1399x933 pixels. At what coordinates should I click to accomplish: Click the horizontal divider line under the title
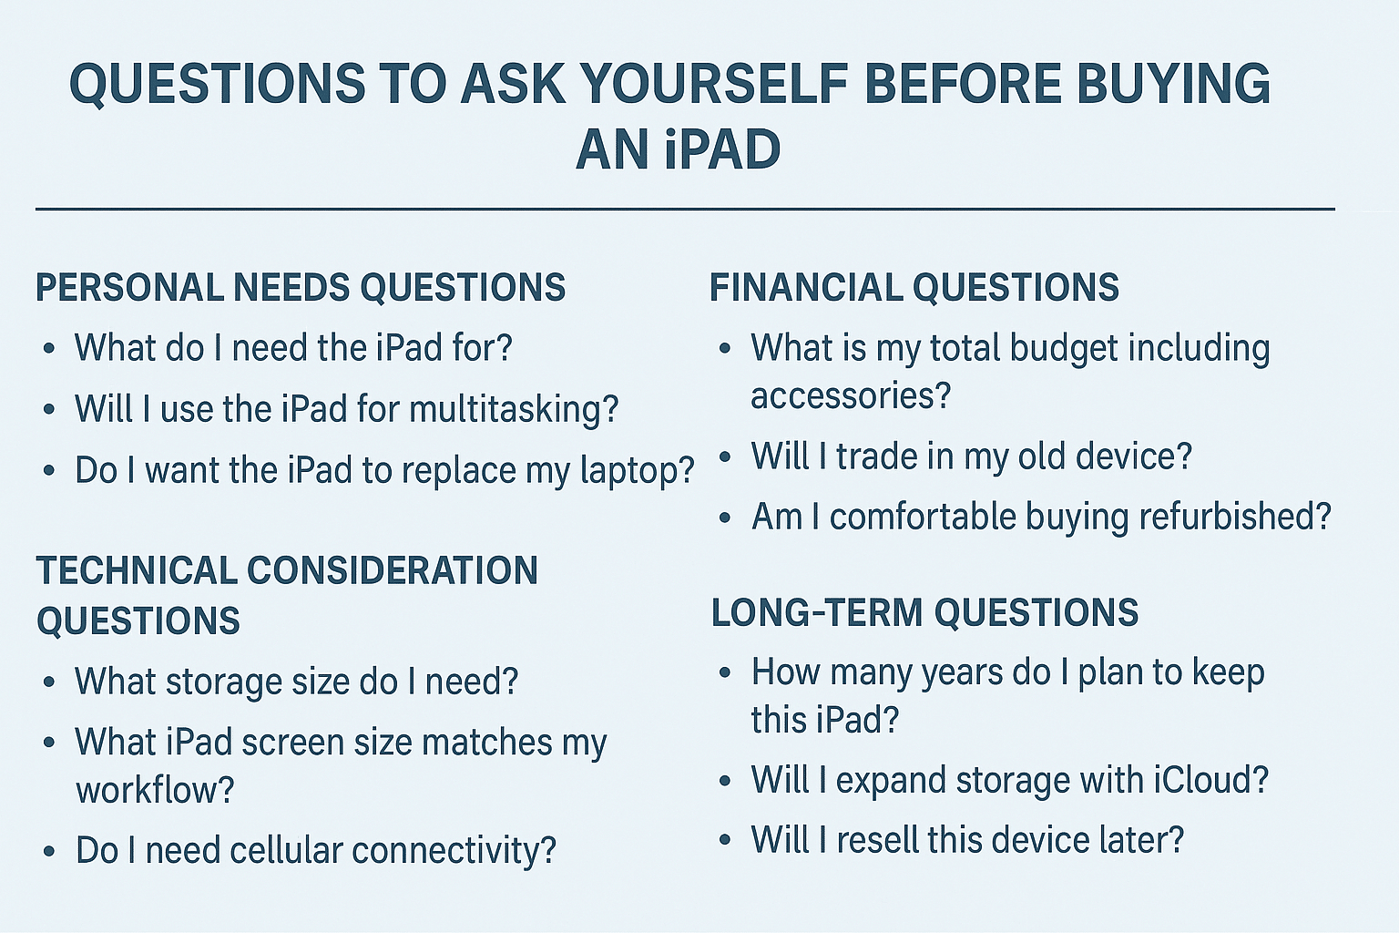pos(685,210)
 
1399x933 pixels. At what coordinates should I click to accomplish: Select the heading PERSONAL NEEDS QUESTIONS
pos(301,288)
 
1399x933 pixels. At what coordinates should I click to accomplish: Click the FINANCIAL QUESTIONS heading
pos(914,288)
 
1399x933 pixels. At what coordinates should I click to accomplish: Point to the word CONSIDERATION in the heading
pos(392,571)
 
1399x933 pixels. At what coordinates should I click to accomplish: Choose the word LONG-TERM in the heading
pos(816,612)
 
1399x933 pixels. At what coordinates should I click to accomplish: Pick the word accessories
pos(850,396)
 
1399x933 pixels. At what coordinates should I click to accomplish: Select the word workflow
pos(155,790)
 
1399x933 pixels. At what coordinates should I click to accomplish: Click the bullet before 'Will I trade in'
pos(725,457)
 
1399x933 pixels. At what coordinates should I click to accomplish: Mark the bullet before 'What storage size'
pos(49,682)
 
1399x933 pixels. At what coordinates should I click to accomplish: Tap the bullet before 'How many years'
pos(725,673)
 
